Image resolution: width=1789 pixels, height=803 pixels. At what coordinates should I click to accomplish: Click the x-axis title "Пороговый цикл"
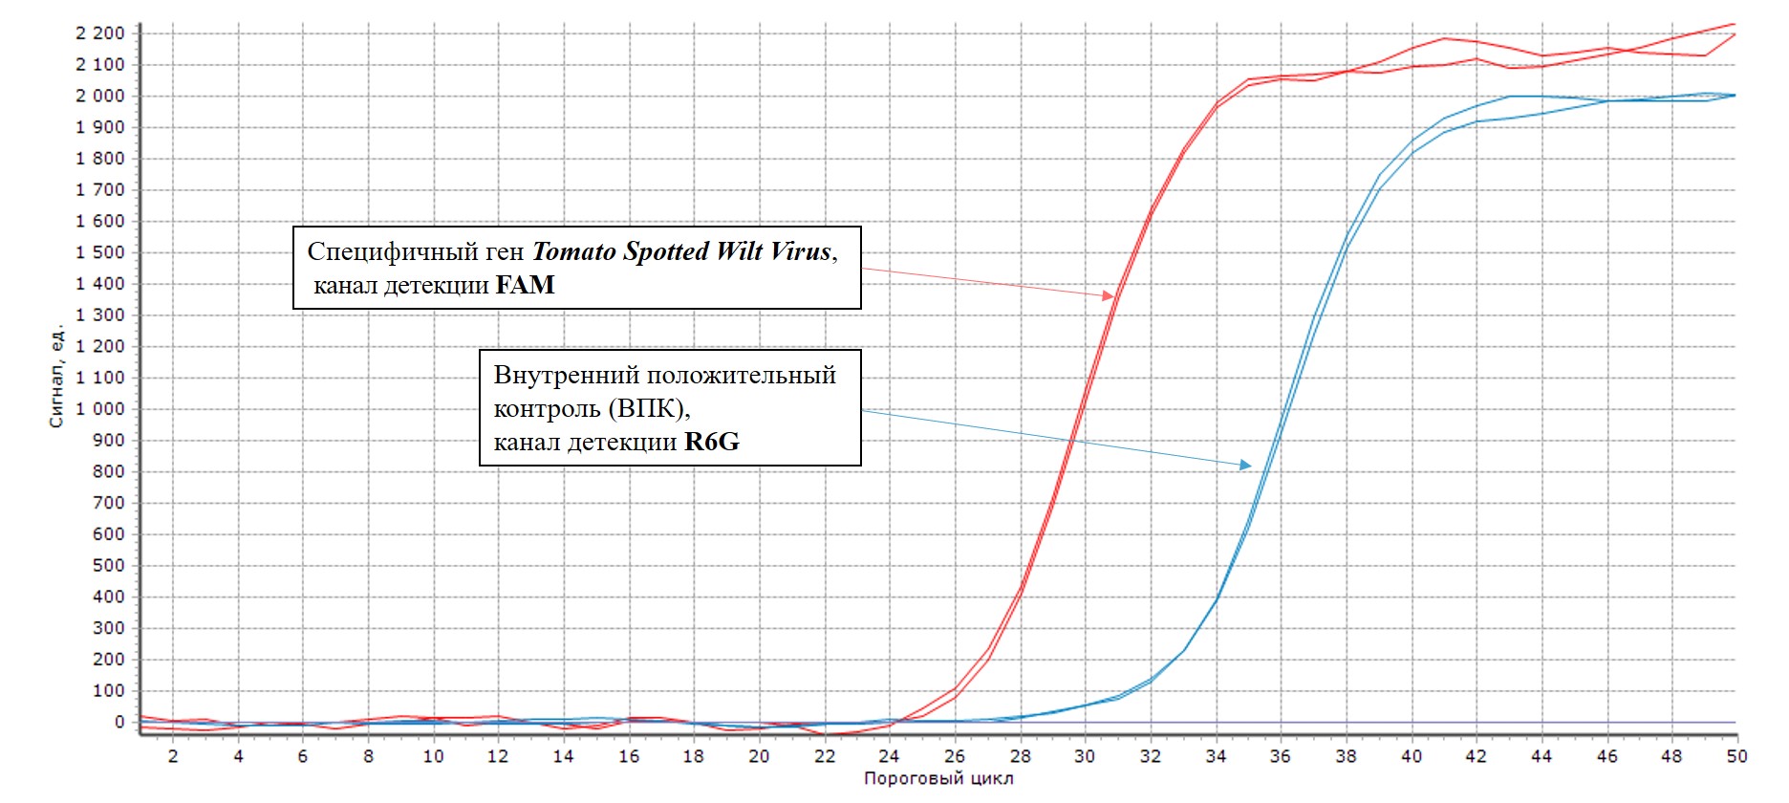point(938,779)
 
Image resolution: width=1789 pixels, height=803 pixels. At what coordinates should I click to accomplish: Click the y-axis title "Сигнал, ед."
point(56,376)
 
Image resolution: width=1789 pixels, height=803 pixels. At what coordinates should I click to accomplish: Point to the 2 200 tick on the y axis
point(100,33)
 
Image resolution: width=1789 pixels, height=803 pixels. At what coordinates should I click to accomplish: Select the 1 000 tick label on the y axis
point(100,409)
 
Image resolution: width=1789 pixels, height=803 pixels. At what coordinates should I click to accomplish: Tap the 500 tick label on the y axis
point(109,566)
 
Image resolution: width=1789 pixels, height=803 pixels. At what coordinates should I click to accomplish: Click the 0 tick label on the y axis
point(119,723)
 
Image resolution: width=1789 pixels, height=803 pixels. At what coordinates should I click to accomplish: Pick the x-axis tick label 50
point(1736,756)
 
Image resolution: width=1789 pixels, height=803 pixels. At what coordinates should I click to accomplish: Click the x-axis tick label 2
point(173,756)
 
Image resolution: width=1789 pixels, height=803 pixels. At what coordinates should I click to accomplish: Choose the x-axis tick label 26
point(955,756)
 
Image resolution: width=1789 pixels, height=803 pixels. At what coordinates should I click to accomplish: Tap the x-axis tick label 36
point(1281,756)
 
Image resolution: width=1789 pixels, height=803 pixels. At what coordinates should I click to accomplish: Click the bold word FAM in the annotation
point(525,285)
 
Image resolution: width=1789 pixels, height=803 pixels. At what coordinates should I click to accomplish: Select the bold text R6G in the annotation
point(712,442)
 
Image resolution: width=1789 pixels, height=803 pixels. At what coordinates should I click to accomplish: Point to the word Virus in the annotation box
point(801,251)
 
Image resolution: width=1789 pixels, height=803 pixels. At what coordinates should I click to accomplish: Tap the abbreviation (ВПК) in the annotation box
point(649,409)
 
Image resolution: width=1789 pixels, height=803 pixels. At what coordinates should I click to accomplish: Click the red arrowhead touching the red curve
point(1109,296)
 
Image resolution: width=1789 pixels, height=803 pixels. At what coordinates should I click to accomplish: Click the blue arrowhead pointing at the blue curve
point(1245,465)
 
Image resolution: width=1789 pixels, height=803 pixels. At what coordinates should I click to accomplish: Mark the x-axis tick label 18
point(694,756)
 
